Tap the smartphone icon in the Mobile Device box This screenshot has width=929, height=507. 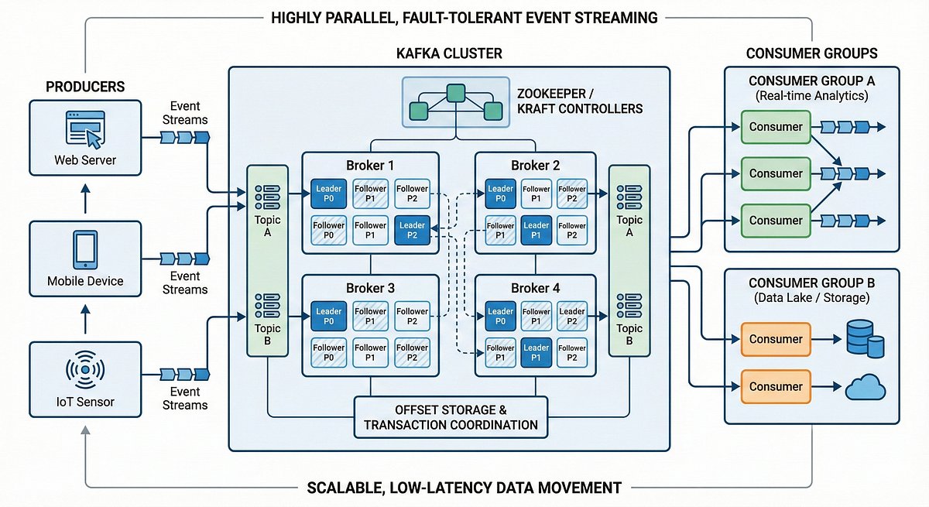click(84, 249)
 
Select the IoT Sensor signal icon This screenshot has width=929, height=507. click(84, 370)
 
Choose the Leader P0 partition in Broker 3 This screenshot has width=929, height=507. click(329, 315)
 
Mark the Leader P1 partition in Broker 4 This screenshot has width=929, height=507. click(536, 351)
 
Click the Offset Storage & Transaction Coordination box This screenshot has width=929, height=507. click(451, 416)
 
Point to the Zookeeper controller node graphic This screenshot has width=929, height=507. click(450, 104)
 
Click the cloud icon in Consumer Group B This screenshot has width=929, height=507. click(865, 386)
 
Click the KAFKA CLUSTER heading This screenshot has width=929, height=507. click(449, 53)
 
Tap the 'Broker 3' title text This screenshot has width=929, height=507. click(371, 288)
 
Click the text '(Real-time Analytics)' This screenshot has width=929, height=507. click(811, 96)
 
